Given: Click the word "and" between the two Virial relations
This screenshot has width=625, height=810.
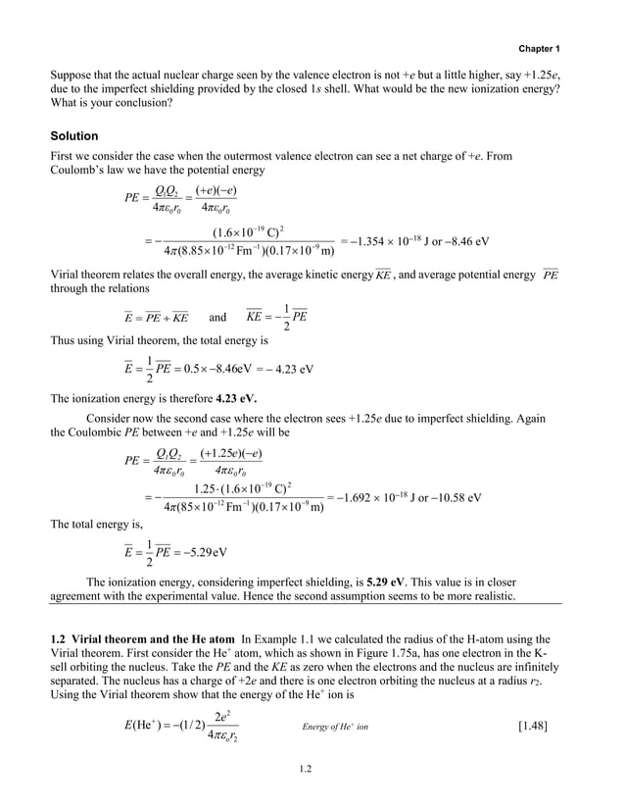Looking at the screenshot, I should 217,317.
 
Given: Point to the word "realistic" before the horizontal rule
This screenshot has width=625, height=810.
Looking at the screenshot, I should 505,596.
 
